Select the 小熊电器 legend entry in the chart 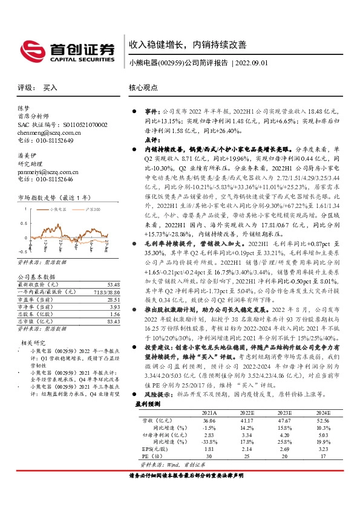coord(57,209)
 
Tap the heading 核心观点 coord(143,88)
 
